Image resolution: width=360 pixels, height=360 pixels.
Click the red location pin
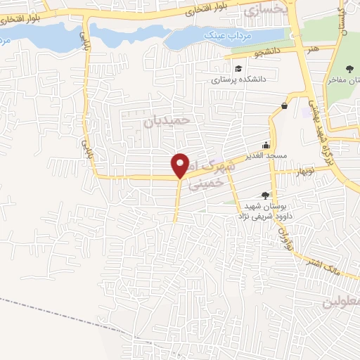(181, 165)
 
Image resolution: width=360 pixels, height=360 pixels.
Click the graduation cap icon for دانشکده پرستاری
(239, 68)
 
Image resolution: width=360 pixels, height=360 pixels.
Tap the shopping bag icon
(284, 106)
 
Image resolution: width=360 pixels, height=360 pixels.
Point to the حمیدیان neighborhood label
(167, 122)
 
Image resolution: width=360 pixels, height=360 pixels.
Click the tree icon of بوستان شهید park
(265, 195)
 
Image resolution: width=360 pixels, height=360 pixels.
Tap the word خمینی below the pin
(209, 182)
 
